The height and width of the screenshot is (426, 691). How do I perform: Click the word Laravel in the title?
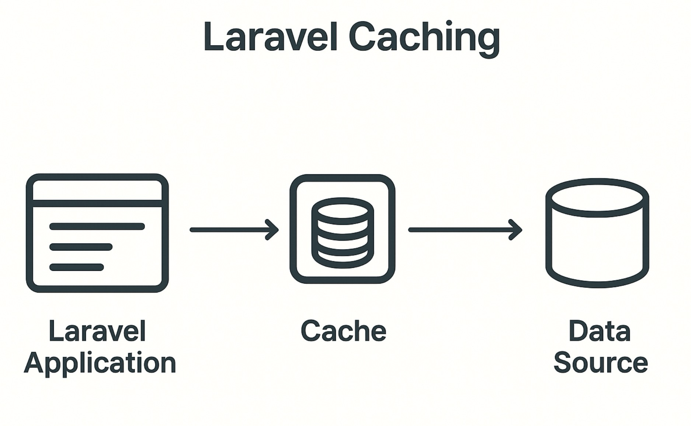[270, 37]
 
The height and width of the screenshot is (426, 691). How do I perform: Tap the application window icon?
[97, 233]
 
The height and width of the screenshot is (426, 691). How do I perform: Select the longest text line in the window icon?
[97, 226]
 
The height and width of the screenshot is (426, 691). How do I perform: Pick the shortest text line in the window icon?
[77, 267]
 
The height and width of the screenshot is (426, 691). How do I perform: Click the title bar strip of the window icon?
[97, 190]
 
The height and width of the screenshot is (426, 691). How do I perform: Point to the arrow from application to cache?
[232, 230]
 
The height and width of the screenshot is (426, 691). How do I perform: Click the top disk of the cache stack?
[343, 209]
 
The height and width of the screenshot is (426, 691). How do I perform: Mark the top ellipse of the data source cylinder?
[597, 198]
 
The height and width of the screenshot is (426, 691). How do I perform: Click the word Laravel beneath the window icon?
[97, 331]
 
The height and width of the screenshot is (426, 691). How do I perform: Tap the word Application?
[100, 363]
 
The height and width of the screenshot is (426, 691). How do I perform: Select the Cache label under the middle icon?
[343, 331]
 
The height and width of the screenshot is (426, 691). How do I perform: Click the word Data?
[600, 331]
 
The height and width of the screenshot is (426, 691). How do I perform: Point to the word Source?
[601, 363]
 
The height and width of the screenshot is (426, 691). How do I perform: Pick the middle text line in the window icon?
[81, 247]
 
